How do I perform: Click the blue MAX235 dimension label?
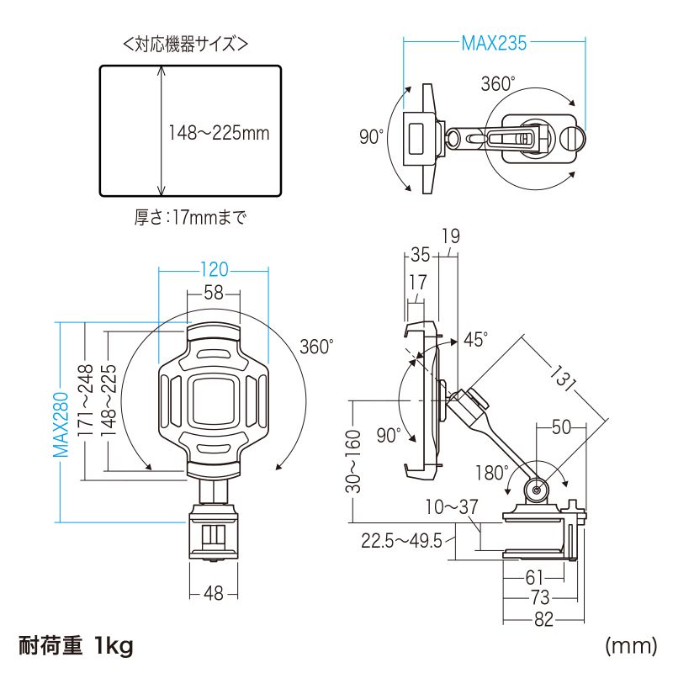click(494, 44)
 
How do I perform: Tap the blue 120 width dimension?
click(214, 270)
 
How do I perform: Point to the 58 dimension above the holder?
click(214, 293)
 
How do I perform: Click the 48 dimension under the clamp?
click(214, 594)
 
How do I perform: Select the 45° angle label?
click(475, 339)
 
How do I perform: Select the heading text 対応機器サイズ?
click(185, 44)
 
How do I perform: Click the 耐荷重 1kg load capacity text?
click(76, 646)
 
